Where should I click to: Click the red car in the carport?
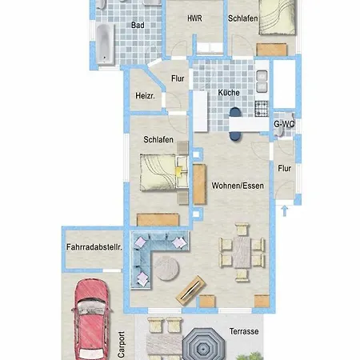click(x=91, y=319)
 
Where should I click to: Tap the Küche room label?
click(x=229, y=93)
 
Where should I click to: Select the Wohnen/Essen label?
click(x=238, y=186)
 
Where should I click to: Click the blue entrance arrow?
click(x=285, y=210)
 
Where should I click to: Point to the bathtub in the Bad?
click(x=105, y=44)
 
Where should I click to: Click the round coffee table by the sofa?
click(x=166, y=268)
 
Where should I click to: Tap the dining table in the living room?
click(x=242, y=252)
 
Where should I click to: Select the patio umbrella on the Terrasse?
click(x=204, y=346)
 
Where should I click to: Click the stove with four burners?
click(x=262, y=109)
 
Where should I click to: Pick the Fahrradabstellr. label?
click(x=94, y=247)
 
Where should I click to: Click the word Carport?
click(x=121, y=344)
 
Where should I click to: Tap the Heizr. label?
click(x=145, y=96)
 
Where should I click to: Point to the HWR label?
click(x=194, y=18)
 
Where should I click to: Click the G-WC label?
click(x=284, y=124)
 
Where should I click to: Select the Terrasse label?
click(x=244, y=331)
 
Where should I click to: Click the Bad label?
click(x=138, y=25)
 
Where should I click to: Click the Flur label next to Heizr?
click(x=178, y=78)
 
